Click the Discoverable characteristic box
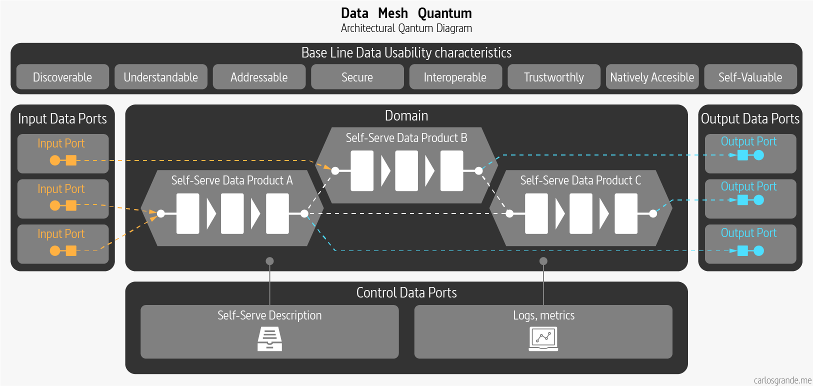pos(62,77)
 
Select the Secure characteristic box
pos(357,77)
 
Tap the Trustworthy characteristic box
pos(553,77)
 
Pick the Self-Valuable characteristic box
pos(750,77)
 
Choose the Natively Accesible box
pos(652,77)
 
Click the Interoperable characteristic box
pos(455,77)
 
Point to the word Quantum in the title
pos(444,13)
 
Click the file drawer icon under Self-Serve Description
pos(269,339)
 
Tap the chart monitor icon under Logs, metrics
pos(543,339)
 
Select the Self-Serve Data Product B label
pos(406,138)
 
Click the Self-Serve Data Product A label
pos(232,180)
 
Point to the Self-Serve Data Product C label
pos(580,180)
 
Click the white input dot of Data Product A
pos(161,213)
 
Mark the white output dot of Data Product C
pos(653,213)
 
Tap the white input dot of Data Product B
pos(335,171)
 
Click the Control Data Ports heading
pos(406,292)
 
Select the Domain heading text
pos(406,116)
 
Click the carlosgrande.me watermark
pos(782,380)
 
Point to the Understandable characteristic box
pos(160,77)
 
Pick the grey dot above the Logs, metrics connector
pos(543,261)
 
